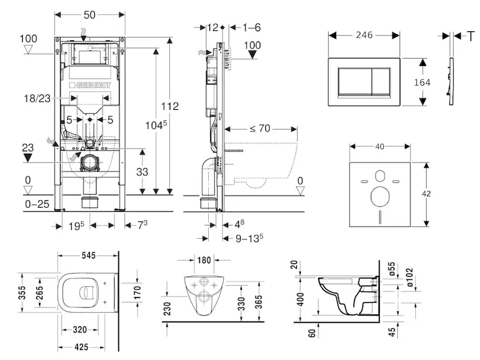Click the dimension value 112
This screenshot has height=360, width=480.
pyautogui.click(x=170, y=107)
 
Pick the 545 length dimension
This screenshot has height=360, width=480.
pyautogui.click(x=89, y=256)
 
